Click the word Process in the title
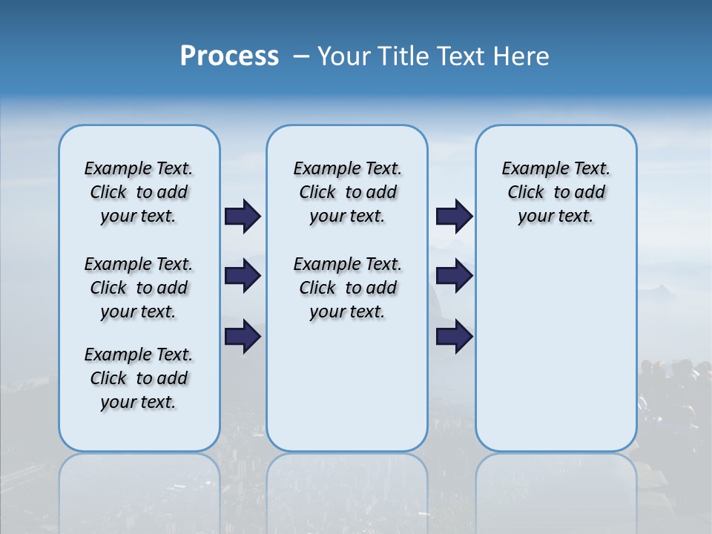click(x=229, y=56)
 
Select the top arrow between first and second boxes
click(x=243, y=216)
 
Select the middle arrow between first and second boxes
click(x=243, y=276)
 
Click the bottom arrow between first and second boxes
click(x=243, y=337)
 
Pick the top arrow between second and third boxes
click(x=455, y=216)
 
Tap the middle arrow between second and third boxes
click(x=455, y=276)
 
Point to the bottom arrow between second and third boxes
click(x=455, y=337)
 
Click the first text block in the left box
click(x=139, y=192)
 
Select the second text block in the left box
click(x=139, y=288)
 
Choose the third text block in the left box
click(x=139, y=378)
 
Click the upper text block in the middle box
click(x=347, y=192)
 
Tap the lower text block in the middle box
click(x=347, y=288)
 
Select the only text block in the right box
click(x=556, y=192)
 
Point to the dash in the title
click(x=301, y=56)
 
